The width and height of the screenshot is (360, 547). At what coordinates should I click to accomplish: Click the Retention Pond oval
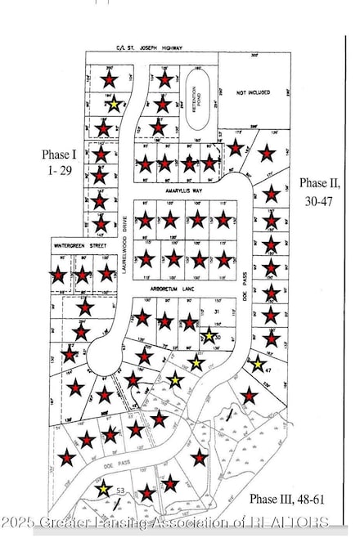click(x=196, y=101)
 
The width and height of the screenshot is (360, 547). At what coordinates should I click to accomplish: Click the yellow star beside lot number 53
click(x=104, y=490)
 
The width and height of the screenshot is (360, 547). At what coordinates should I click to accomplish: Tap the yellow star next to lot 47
click(x=258, y=365)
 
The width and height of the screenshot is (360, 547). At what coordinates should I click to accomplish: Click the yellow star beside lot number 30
click(x=209, y=336)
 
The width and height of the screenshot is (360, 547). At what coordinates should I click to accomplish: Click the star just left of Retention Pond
click(x=162, y=105)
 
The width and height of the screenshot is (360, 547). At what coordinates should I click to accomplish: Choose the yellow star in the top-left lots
click(x=115, y=104)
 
